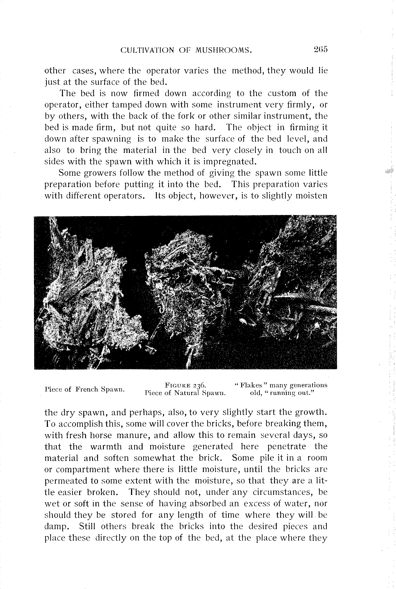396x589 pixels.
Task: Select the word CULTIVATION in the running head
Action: [147, 50]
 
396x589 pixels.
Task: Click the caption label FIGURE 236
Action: [186, 385]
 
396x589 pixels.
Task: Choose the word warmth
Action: [106, 447]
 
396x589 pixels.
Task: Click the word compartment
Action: [83, 469]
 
